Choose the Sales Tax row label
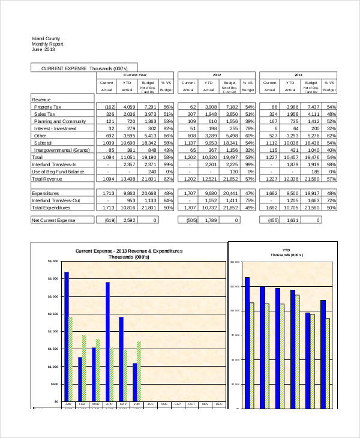click(x=45, y=113)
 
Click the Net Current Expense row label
click(x=53, y=220)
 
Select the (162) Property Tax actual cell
click(x=106, y=106)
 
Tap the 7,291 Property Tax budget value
click(x=148, y=106)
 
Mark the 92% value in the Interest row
click(x=167, y=128)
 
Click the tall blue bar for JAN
click(x=67, y=336)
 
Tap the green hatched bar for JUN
click(x=139, y=371)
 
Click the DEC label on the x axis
click(x=218, y=404)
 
